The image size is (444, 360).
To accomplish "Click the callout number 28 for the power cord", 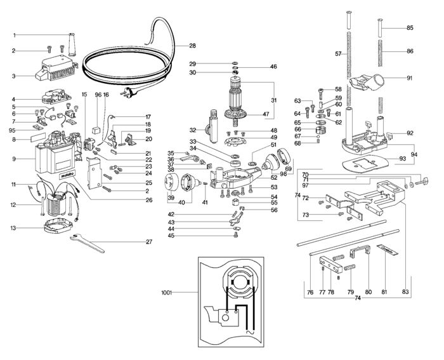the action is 193,46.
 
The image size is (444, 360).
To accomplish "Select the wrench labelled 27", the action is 88,243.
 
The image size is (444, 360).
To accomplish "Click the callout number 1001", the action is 167,293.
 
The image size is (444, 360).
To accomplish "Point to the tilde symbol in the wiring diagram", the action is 249,332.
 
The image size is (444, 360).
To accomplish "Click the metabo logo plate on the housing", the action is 67,175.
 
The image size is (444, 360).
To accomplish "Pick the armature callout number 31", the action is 273,100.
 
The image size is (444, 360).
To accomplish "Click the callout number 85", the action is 410,28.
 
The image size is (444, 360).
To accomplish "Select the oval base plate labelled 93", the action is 365,164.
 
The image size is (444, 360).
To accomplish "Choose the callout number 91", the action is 410,78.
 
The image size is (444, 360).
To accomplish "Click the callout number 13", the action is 14,228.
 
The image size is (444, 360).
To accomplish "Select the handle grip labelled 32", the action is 213,126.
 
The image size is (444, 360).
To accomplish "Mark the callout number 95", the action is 12,131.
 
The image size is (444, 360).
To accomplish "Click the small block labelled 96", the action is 96,131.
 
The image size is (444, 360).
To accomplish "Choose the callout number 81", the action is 384,291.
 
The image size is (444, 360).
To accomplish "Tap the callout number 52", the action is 274,178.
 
